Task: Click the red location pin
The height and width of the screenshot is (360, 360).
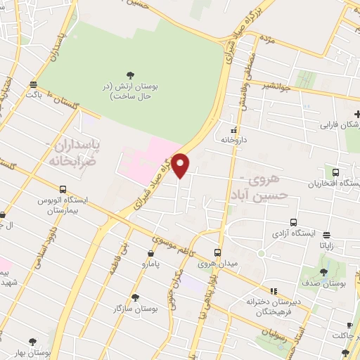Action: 181,165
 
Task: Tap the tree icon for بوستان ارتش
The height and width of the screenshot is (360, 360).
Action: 129,75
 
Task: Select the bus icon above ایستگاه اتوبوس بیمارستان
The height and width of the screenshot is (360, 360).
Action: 63,189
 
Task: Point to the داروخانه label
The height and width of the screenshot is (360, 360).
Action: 235,140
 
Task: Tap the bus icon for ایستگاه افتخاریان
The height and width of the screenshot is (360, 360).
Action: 335,172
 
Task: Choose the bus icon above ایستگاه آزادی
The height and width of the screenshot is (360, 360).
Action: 294,222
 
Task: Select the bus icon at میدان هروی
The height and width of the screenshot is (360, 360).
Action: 217,252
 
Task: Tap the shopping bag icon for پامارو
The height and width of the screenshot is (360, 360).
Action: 151,253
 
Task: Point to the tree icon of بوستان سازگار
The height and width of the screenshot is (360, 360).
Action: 135,297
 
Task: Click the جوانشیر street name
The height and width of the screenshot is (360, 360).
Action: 276,86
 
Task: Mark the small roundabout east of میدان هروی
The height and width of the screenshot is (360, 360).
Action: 262,252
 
